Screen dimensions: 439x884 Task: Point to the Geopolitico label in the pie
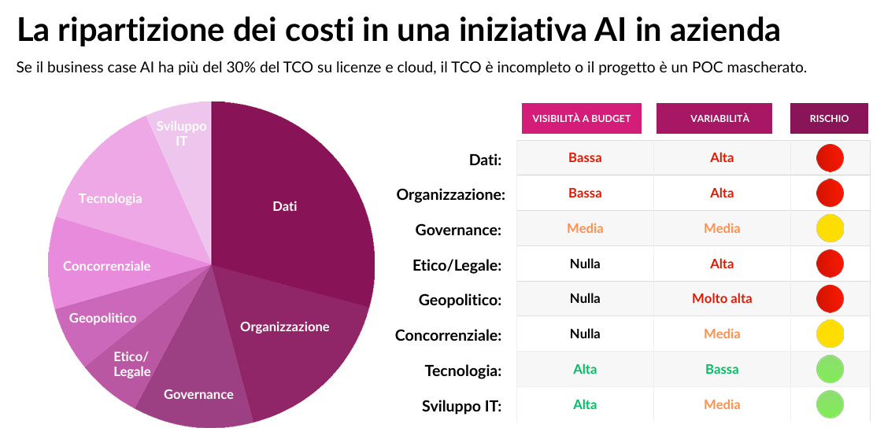[x=102, y=318]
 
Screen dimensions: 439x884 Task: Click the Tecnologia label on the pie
[x=110, y=198]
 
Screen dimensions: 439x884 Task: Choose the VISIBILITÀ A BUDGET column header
[x=582, y=119]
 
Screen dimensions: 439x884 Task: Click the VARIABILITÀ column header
[x=719, y=119]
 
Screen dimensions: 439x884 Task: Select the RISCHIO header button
[x=829, y=119]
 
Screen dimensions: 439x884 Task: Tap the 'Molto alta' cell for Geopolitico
[x=722, y=299]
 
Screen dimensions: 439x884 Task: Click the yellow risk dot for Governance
[x=830, y=228]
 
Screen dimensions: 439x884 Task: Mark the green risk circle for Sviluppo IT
[x=830, y=404]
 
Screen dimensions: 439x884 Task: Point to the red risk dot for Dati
[x=830, y=157]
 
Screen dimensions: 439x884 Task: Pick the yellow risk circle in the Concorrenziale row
[x=830, y=334]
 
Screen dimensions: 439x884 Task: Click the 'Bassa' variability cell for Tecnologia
[x=722, y=369]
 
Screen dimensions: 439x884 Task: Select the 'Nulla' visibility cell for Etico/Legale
[x=585, y=264]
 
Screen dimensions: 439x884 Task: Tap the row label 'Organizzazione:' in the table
[x=450, y=194]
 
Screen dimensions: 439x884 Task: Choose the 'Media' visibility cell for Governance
[x=585, y=228]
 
